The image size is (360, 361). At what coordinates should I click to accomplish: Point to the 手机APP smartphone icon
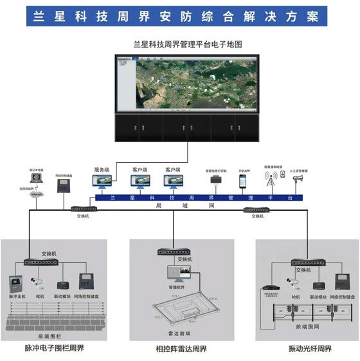pos(243,182)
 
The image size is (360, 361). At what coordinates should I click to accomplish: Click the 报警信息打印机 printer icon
pos(214,183)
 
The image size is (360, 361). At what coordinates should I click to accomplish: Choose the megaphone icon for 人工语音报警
pos(298,180)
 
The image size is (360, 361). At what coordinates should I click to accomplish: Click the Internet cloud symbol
pos(37,193)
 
